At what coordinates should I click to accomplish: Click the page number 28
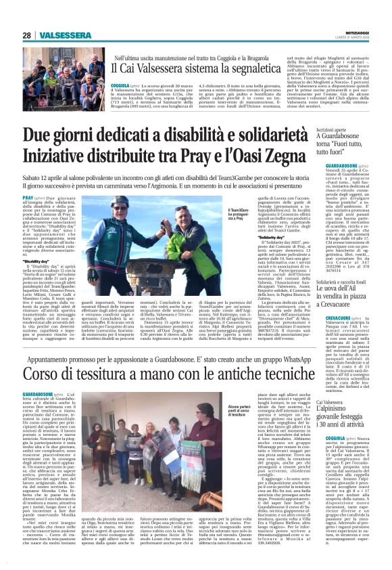pyautogui.click(x=27, y=35)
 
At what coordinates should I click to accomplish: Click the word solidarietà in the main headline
pyautogui.click(x=251, y=135)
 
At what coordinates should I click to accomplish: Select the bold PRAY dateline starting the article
pyautogui.click(x=29, y=198)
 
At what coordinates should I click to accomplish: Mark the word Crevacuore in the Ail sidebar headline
pyautogui.click(x=353, y=288)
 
